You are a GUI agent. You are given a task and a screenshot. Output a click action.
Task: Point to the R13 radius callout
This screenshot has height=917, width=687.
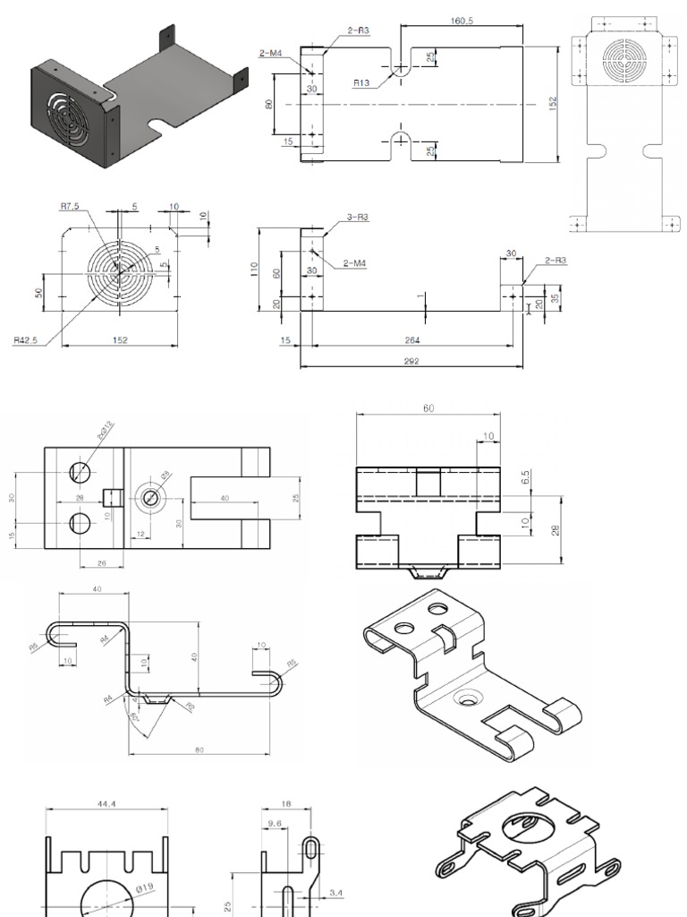tap(361, 82)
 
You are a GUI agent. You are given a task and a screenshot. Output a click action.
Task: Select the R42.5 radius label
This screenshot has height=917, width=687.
tap(26, 339)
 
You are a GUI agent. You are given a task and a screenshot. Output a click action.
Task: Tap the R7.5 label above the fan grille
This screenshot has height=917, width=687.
tap(70, 207)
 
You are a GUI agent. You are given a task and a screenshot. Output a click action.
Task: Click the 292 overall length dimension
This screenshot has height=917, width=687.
tap(411, 362)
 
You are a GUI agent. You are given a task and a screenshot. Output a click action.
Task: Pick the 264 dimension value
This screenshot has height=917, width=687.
tap(412, 340)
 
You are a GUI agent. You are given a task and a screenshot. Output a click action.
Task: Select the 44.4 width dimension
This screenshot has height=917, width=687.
tap(106, 805)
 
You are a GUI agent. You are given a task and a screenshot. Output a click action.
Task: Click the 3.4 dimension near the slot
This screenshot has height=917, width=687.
tap(335, 892)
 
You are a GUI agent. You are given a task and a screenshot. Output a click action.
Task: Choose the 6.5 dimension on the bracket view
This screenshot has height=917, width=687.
tap(526, 479)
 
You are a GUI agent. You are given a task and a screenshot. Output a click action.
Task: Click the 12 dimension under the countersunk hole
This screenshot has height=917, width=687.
tap(140, 534)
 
